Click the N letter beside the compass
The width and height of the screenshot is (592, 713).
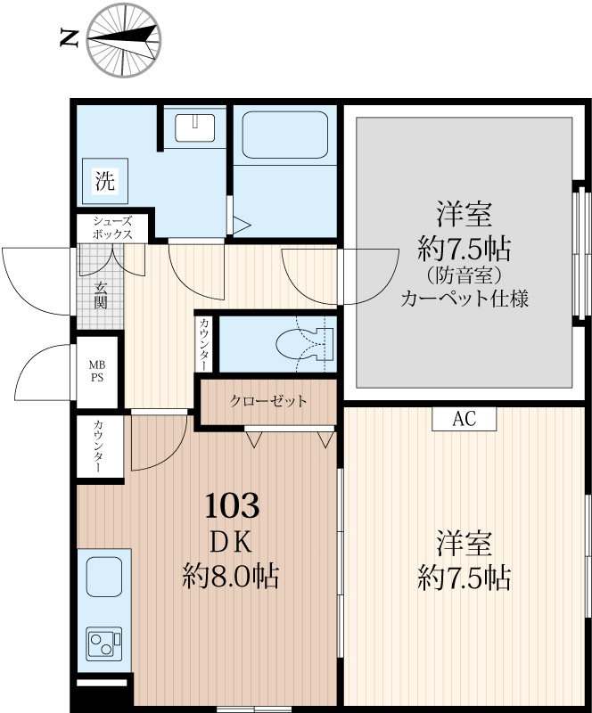click(x=70, y=37)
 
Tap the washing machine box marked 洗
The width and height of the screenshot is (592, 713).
click(x=105, y=181)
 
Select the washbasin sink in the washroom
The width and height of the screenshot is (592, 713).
click(x=194, y=127)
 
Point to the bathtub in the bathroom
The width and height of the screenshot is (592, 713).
click(x=285, y=135)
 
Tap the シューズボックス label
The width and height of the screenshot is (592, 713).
click(x=112, y=228)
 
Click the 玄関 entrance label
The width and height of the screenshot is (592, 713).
click(x=101, y=295)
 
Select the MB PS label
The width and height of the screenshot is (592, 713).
click(x=96, y=371)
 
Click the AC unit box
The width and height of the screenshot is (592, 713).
click(x=464, y=419)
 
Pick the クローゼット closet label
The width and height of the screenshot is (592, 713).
click(x=268, y=401)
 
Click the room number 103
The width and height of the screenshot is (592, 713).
click(x=232, y=505)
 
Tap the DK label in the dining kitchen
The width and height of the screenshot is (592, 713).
click(x=232, y=542)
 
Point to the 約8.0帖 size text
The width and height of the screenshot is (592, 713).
click(x=231, y=576)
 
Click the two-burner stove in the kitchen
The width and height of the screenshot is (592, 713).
click(x=104, y=642)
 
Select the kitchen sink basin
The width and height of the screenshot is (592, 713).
click(x=104, y=577)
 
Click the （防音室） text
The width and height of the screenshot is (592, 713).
click(x=465, y=275)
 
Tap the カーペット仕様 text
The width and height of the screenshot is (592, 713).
click(x=465, y=299)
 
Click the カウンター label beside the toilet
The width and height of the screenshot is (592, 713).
click(x=204, y=344)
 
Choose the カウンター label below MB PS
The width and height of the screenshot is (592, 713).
click(x=98, y=447)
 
